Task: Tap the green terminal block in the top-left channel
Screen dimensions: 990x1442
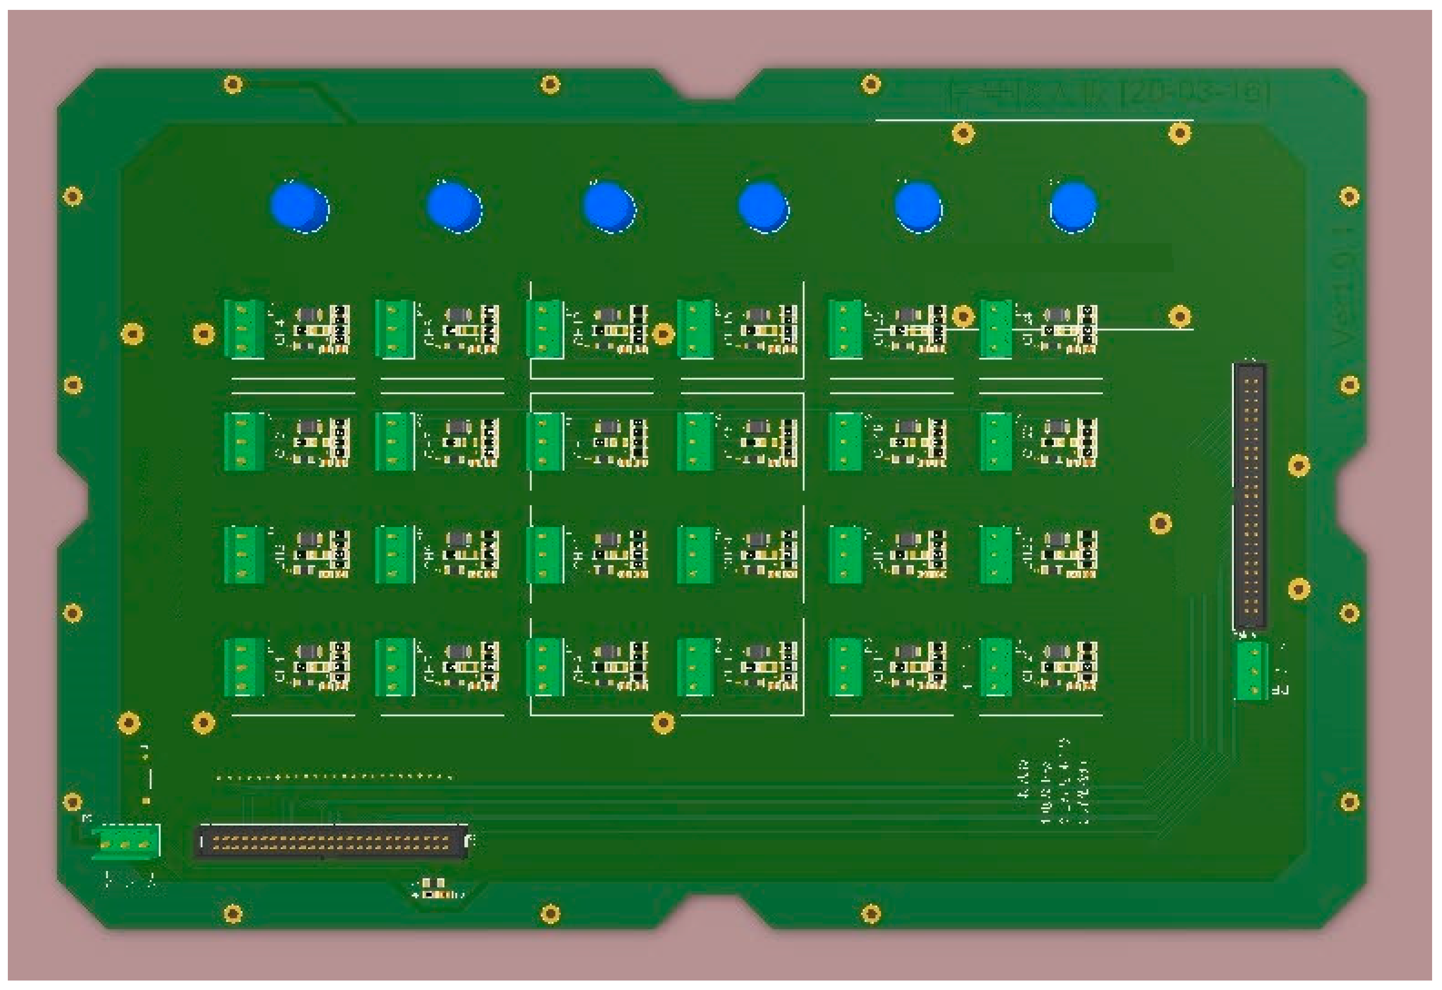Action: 243,329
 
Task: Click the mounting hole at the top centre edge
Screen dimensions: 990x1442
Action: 550,84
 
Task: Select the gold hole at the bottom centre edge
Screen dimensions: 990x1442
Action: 550,914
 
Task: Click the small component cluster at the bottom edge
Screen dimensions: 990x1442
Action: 438,890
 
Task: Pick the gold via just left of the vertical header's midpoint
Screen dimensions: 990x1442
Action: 1160,523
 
